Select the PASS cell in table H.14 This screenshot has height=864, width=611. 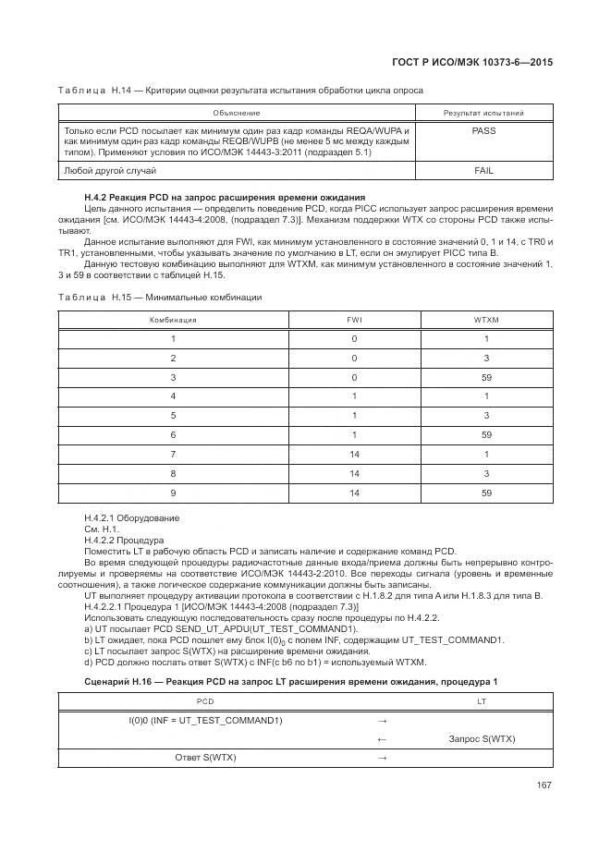coord(483,131)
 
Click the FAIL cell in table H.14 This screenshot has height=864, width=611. coord(483,171)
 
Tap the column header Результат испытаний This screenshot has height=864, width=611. coord(483,113)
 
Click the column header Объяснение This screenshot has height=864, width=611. coord(236,113)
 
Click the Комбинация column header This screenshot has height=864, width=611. coord(173,319)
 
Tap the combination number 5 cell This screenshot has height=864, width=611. coord(173,416)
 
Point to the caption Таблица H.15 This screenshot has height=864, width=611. coord(159,298)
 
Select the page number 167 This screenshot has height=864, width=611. coord(544,786)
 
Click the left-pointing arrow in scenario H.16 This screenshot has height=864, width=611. coord(382,738)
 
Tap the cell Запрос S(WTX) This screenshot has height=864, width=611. coord(481,738)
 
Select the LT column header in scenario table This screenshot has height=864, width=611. coord(481,702)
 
